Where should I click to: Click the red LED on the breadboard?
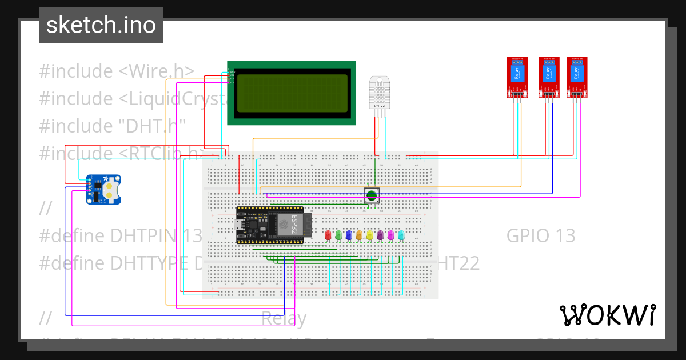(328, 234)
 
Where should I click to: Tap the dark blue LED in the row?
(349, 234)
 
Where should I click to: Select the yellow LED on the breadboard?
(370, 234)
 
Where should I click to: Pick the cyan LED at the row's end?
(401, 234)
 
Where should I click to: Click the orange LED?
(359, 234)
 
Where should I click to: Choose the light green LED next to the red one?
(338, 234)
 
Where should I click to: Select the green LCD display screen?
(292, 91)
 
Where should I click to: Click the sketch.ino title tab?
(101, 25)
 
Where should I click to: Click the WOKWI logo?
(607, 315)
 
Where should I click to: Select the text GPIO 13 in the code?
(540, 235)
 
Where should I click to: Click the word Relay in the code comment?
(284, 318)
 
